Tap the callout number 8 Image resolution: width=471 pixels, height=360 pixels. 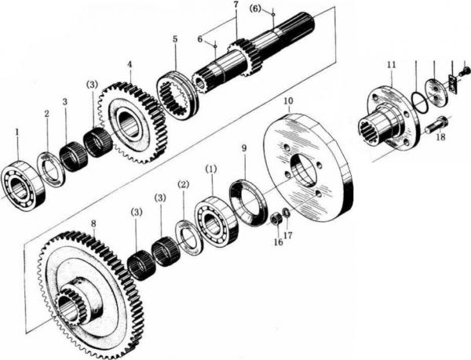93,224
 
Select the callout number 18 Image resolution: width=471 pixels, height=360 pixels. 440,136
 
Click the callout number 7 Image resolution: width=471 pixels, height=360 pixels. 235,6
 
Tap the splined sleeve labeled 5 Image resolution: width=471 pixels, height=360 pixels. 176,94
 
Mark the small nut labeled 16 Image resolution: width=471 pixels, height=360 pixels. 276,217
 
